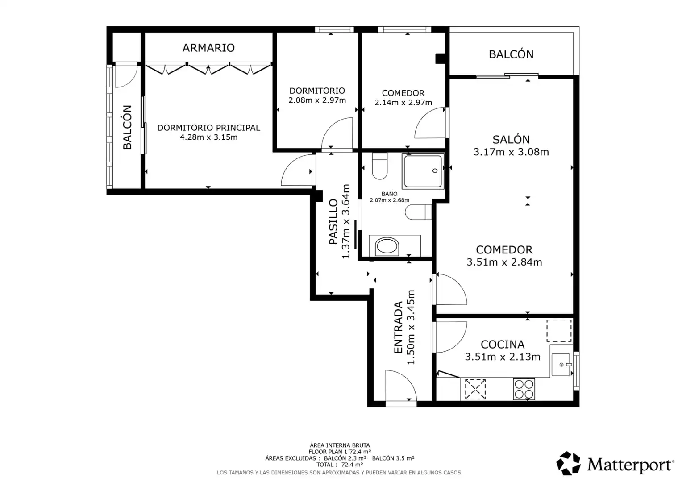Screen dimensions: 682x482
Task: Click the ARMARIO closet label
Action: pyautogui.click(x=208, y=48)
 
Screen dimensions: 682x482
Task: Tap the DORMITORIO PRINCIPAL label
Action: pyautogui.click(x=208, y=128)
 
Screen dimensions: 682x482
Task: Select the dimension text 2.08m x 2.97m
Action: pyautogui.click(x=317, y=100)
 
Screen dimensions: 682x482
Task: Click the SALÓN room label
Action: pyautogui.click(x=511, y=139)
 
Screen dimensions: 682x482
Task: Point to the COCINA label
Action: pyautogui.click(x=503, y=345)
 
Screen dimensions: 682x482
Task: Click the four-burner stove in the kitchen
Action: pyautogui.click(x=524, y=389)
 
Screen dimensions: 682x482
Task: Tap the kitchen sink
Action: pyautogui.click(x=561, y=365)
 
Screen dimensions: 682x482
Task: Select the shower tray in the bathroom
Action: pyautogui.click(x=423, y=171)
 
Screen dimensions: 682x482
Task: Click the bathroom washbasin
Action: pyautogui.click(x=387, y=246)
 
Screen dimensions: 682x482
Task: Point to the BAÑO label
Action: pyautogui.click(x=389, y=194)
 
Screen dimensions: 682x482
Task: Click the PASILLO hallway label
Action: pyautogui.click(x=334, y=222)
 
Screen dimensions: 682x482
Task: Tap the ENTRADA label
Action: pyautogui.click(x=399, y=327)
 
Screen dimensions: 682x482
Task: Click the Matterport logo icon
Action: pyautogui.click(x=569, y=463)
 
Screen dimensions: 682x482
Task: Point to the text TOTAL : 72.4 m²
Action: pyautogui.click(x=340, y=465)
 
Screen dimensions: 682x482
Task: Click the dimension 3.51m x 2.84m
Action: pyautogui.click(x=504, y=262)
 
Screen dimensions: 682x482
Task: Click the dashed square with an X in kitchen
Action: pyautogui.click(x=475, y=389)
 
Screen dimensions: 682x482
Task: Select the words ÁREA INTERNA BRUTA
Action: pyautogui.click(x=340, y=445)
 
